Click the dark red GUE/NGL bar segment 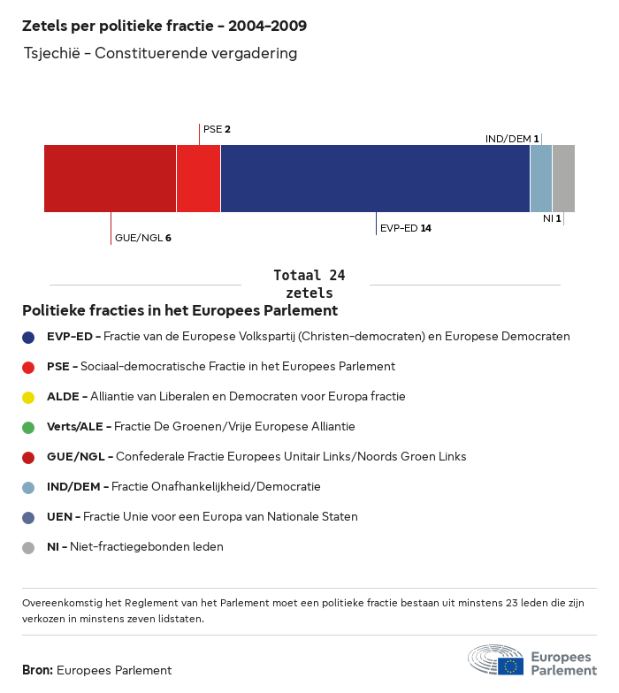(110, 179)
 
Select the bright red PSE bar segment (198, 179)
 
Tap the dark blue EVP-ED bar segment (375, 179)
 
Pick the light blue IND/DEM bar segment (541, 179)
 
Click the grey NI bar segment (563, 179)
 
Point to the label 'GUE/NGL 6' (142, 238)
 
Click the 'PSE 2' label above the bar (217, 129)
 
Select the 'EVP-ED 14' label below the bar (405, 228)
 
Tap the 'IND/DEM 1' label (512, 139)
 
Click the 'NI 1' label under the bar (552, 217)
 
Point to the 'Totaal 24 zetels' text (309, 284)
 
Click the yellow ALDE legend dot (28, 397)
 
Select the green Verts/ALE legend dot (28, 427)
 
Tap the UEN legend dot (28, 517)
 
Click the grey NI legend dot (28, 547)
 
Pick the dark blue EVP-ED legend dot (28, 337)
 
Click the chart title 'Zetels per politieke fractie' (164, 26)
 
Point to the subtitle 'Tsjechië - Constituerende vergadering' (159, 54)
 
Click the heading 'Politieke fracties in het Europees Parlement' (180, 311)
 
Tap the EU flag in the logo (510, 666)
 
